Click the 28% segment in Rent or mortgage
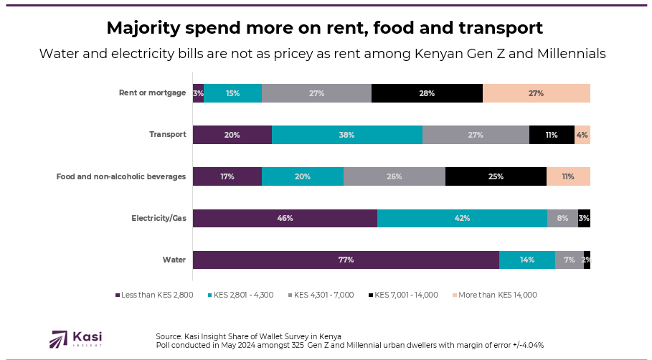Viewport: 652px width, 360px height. [427, 93]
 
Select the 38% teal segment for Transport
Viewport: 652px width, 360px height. [347, 135]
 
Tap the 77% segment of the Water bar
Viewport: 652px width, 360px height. [346, 260]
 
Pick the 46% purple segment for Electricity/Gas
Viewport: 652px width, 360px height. [285, 218]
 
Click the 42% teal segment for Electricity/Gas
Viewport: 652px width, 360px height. [462, 218]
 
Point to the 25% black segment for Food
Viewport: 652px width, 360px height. [496, 176]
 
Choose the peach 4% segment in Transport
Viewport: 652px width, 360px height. [582, 135]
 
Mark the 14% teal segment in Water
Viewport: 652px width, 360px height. [527, 260]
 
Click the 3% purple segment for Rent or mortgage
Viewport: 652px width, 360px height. [198, 93]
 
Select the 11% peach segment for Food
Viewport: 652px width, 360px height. [568, 176]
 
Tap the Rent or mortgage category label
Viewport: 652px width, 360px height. [152, 93]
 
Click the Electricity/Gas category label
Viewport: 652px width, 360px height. [159, 218]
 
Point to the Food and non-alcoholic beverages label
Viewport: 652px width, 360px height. [121, 176]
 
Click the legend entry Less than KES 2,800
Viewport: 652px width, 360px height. [154, 295]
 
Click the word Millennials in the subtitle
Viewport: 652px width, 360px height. [569, 54]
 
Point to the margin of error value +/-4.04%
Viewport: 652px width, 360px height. [524, 345]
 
